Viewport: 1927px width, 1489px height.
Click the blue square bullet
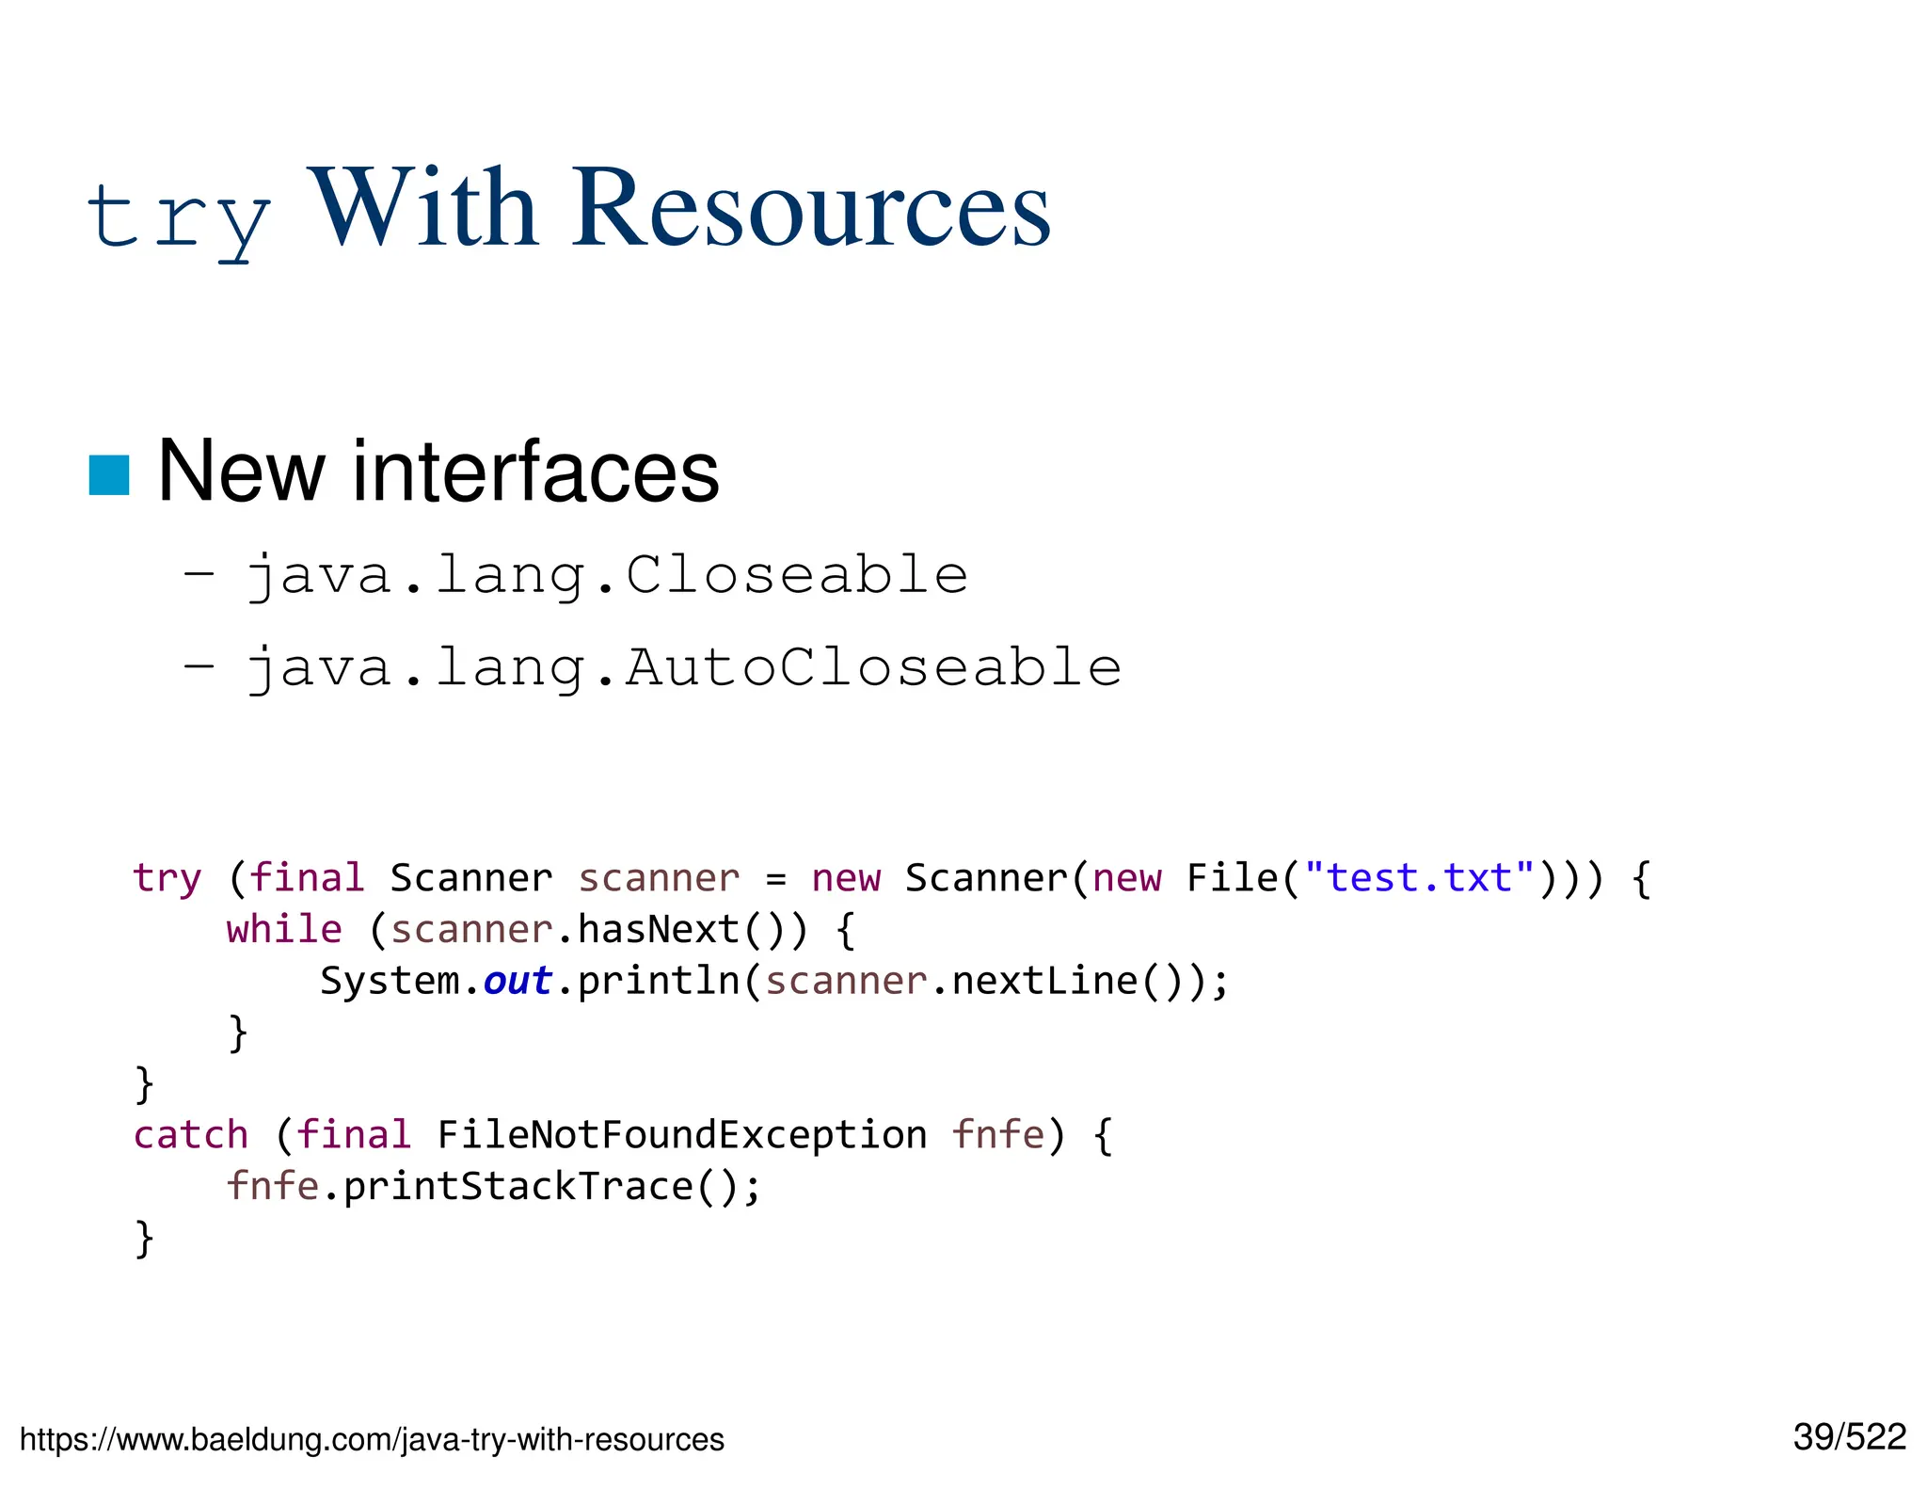tap(109, 474)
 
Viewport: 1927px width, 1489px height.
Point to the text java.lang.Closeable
tap(607, 575)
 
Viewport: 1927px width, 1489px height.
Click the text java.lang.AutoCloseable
tap(684, 667)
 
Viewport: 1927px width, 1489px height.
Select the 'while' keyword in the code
tap(284, 929)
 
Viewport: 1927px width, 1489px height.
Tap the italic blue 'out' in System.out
tap(518, 981)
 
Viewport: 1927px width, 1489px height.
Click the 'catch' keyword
tap(191, 1134)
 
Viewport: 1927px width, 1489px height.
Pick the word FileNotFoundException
tap(682, 1134)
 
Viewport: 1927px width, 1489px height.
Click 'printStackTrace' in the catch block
tap(518, 1186)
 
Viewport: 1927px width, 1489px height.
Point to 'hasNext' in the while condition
tap(659, 929)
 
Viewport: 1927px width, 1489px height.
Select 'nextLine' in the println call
tap(1045, 981)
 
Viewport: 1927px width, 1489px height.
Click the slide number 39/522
tap(1849, 1437)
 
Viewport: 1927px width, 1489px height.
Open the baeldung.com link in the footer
tap(372, 1439)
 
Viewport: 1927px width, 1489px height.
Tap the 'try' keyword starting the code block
tap(167, 878)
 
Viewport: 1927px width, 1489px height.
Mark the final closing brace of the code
tap(144, 1238)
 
